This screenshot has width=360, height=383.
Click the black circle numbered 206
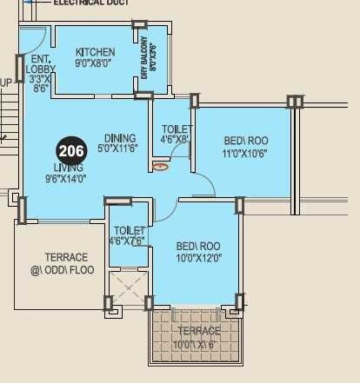click(x=71, y=150)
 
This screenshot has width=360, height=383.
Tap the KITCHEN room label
click(x=95, y=52)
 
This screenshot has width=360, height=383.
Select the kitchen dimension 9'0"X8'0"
click(x=95, y=64)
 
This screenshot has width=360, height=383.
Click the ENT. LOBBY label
click(x=39, y=63)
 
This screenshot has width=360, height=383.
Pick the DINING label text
click(x=119, y=138)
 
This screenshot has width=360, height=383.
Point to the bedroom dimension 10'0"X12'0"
click(x=198, y=258)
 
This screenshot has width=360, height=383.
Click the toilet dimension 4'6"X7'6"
click(x=127, y=241)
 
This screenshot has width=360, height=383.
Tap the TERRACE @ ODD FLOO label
click(x=67, y=264)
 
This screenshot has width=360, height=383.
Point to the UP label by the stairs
click(x=6, y=83)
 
